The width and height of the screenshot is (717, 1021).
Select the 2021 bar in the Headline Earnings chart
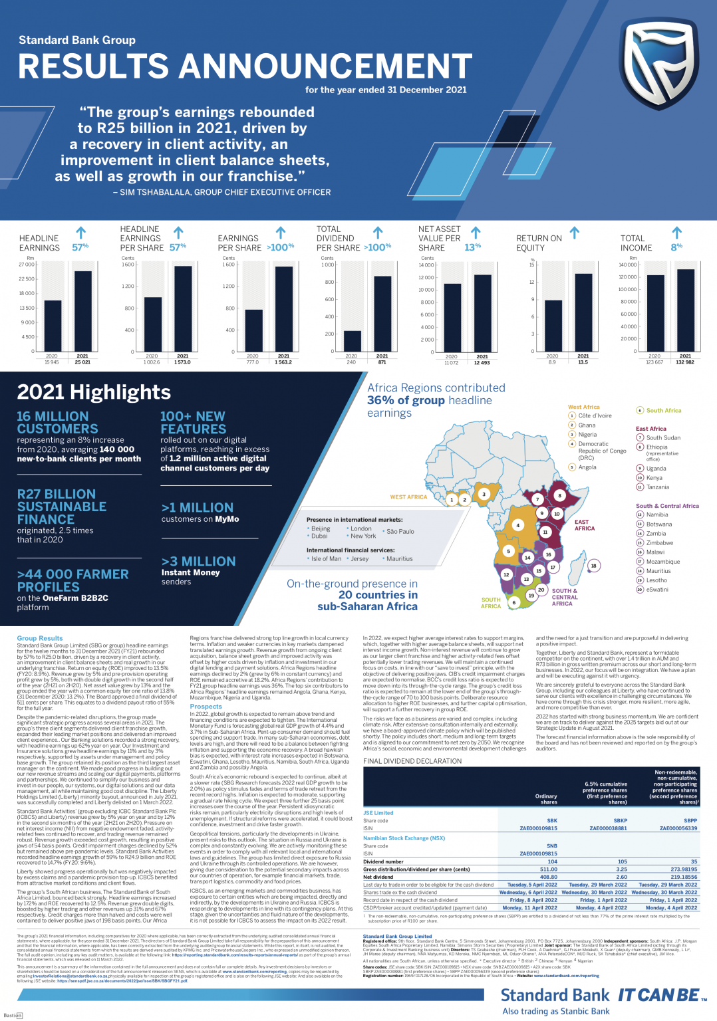point(82,310)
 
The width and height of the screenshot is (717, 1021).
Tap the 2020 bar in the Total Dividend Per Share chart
point(352,341)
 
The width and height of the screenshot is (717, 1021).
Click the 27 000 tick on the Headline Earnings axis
point(27,265)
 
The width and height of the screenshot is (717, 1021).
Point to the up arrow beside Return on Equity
point(575,233)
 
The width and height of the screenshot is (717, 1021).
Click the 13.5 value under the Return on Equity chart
point(583,362)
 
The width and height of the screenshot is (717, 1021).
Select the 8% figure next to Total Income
point(676,247)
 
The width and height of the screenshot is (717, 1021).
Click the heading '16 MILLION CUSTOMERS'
point(57,423)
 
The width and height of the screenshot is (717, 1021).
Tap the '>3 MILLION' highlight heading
point(198,562)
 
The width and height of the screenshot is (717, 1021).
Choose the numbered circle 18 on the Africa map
point(593,566)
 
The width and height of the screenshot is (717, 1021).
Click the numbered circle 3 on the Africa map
point(484,494)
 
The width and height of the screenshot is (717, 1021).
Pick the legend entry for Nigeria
point(587,435)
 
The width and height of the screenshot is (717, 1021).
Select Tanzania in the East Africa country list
point(657,487)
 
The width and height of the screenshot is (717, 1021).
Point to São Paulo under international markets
point(400,532)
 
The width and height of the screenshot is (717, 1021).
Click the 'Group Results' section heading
point(40,638)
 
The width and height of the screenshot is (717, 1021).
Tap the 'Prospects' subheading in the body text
point(206,707)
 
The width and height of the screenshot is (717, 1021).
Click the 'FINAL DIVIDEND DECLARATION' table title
point(412,761)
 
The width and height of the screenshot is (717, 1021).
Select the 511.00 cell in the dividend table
point(548,869)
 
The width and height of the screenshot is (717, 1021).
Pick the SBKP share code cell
point(620,821)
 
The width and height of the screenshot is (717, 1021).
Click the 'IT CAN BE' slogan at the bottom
point(658,995)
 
